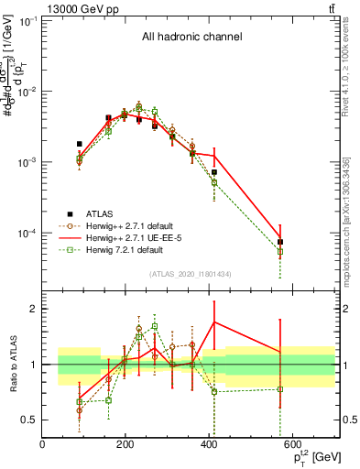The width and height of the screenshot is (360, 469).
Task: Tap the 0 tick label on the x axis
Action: point(43,445)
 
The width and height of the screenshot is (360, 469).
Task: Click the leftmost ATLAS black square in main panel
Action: point(80,144)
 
